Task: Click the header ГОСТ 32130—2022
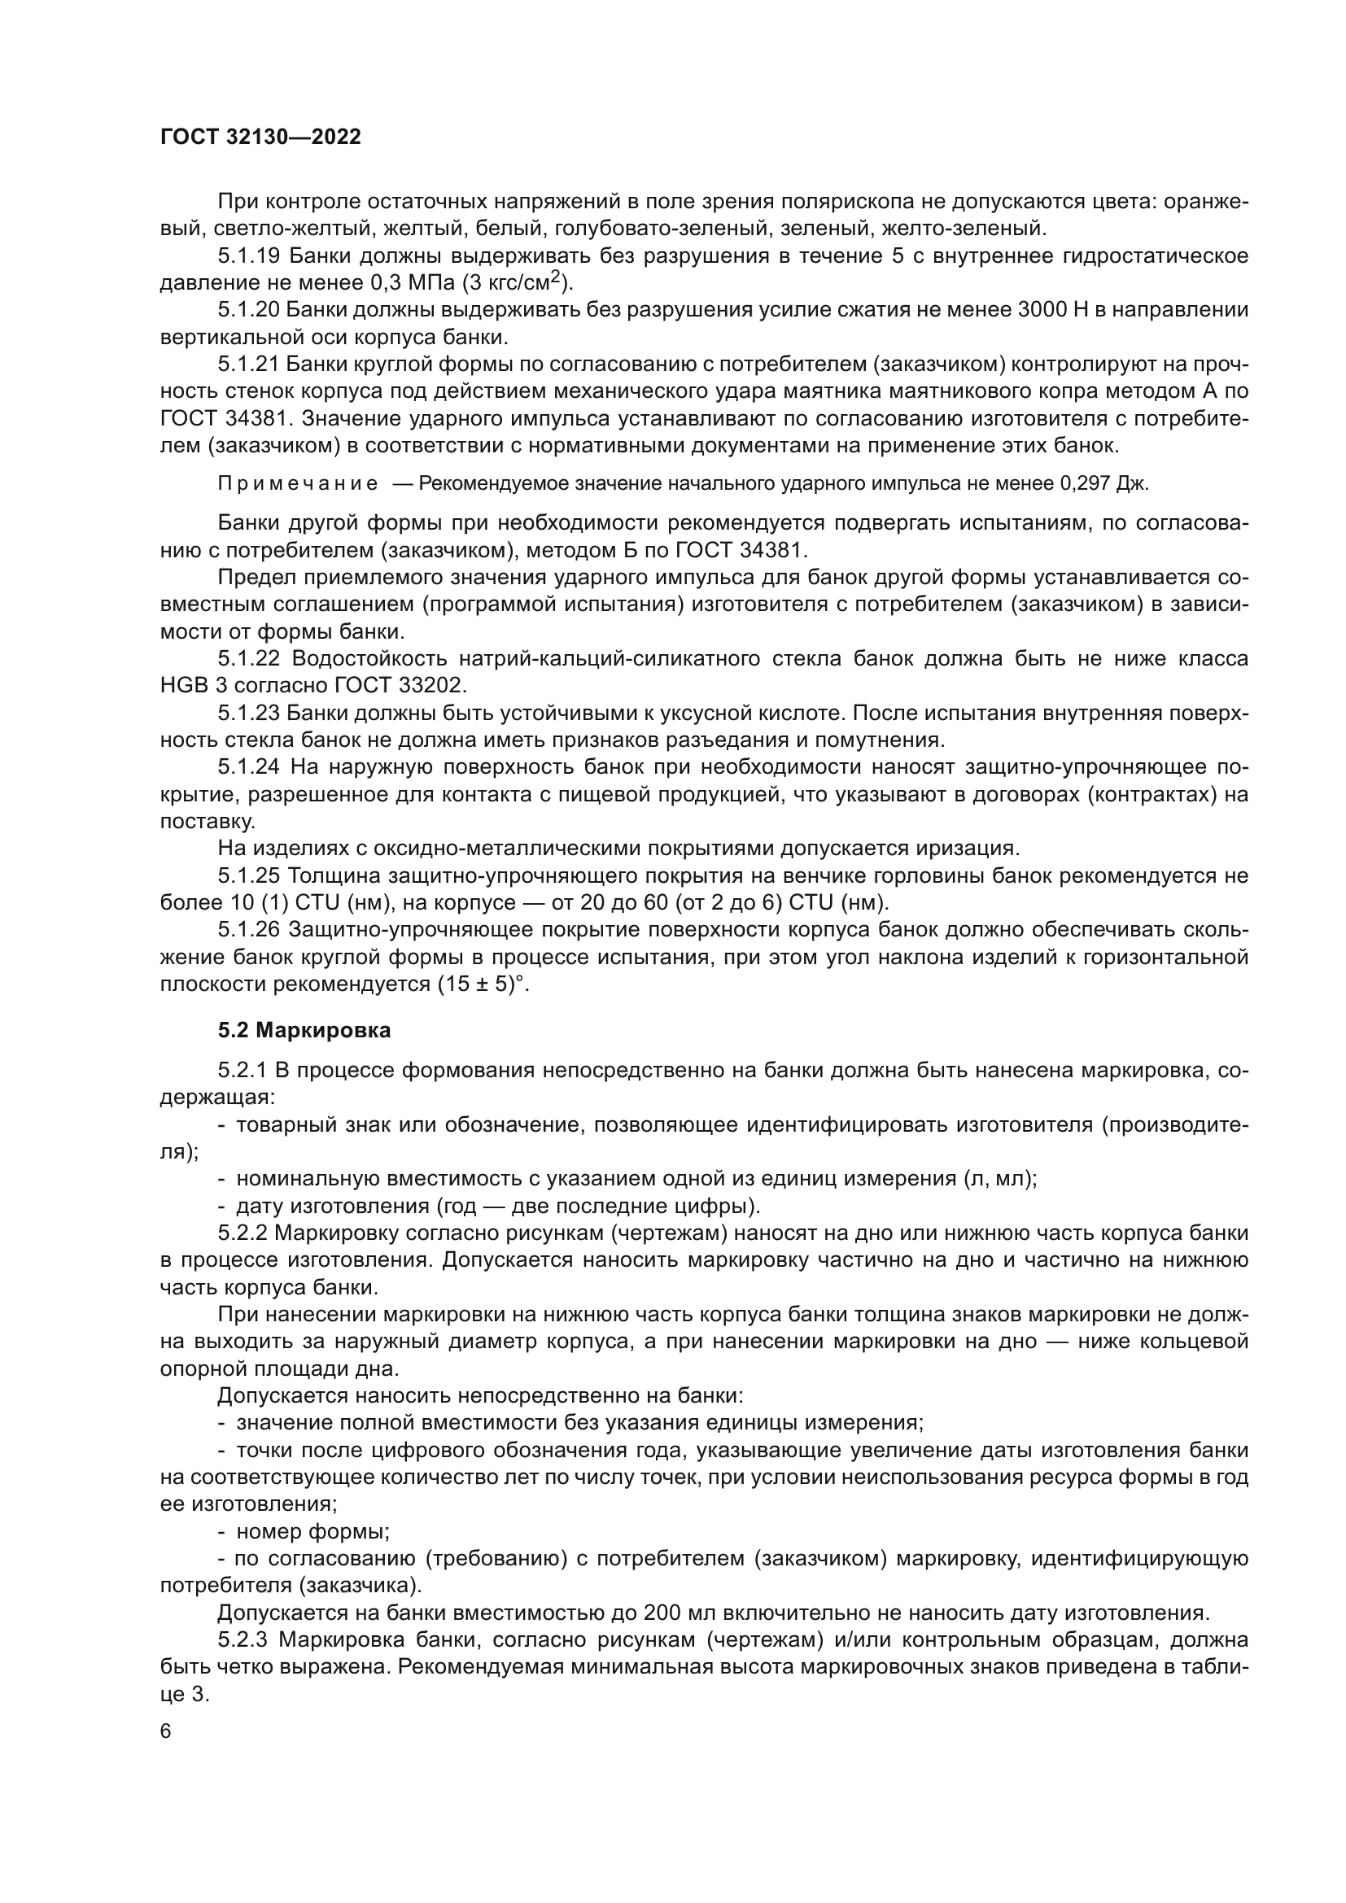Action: [x=260, y=137]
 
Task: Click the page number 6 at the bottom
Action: [x=166, y=1731]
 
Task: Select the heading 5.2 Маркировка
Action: [x=304, y=1031]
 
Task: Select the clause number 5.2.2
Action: [x=242, y=1233]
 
